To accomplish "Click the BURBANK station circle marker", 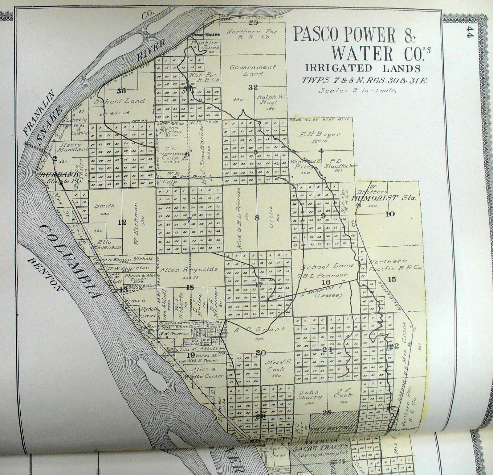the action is tap(61, 183).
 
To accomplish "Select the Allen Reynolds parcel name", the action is tap(189, 269).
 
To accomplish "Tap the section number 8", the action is tap(257, 218).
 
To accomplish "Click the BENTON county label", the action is tap(45, 274).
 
